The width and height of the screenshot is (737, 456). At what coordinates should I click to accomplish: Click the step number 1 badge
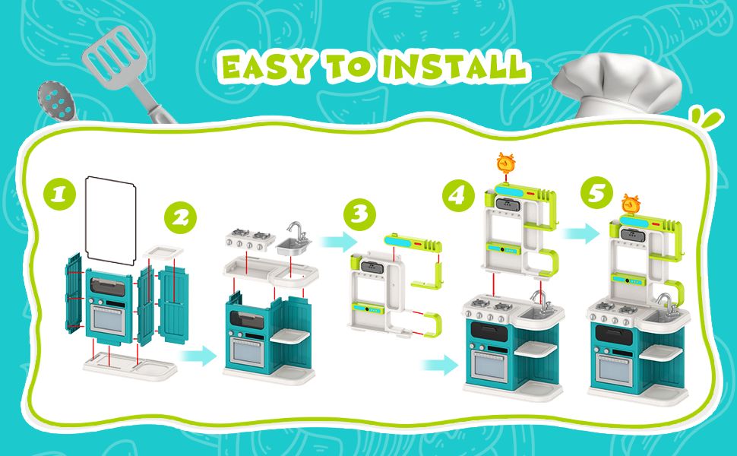click(x=59, y=193)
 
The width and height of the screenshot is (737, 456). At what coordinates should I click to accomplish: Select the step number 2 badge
click(x=180, y=217)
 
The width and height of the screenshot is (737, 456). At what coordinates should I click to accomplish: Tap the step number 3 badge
click(x=359, y=215)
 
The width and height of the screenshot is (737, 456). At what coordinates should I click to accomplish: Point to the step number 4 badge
click(x=458, y=195)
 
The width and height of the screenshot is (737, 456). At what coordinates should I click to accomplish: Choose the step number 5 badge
click(x=596, y=193)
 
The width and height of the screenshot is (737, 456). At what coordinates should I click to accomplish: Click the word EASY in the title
click(x=267, y=67)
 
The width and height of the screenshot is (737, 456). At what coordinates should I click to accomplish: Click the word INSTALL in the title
click(x=454, y=66)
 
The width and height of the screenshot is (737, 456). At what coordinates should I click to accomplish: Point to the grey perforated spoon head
click(x=56, y=102)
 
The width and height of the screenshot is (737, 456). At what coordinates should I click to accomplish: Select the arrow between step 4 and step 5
click(x=581, y=233)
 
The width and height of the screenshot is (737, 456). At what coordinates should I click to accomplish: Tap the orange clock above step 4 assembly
click(x=506, y=163)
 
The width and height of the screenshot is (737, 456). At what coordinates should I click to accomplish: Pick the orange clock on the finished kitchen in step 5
click(x=631, y=204)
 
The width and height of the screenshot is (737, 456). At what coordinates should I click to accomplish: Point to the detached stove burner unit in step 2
click(x=249, y=239)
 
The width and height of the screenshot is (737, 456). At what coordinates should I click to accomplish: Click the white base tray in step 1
click(x=130, y=366)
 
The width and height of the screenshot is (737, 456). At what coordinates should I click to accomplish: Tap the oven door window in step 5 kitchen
click(x=612, y=368)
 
